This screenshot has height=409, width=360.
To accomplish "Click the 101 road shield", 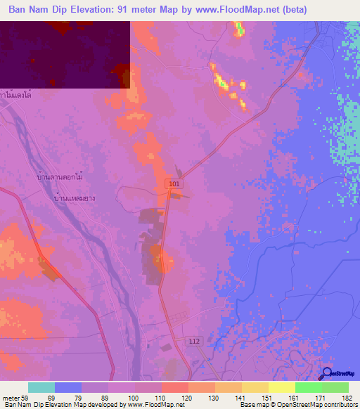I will tap(174, 183).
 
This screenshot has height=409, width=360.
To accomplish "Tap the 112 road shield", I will tap(197, 340).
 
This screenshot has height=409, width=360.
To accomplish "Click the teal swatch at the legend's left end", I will tap(41, 387).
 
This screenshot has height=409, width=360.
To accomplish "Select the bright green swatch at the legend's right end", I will tap(335, 387).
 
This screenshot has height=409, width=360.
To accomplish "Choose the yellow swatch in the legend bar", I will tap(281, 387).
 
